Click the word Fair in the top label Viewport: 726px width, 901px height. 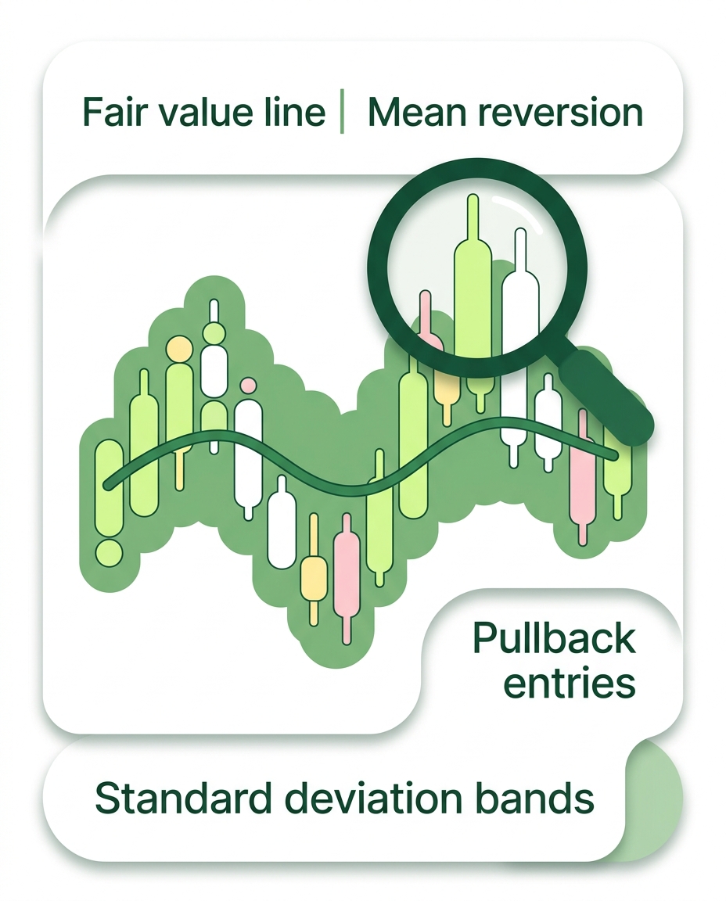[115, 112]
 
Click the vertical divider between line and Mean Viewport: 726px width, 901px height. [342, 111]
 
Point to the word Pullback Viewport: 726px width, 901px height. [554, 638]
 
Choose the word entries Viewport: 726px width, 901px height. [569, 684]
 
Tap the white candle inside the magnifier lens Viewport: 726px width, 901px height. [521, 311]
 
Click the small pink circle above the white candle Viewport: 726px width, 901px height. [248, 385]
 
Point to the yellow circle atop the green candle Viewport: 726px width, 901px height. [179, 347]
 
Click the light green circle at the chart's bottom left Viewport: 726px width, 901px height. [109, 552]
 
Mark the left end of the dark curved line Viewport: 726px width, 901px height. [107, 486]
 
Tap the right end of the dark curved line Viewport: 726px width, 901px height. [616, 457]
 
